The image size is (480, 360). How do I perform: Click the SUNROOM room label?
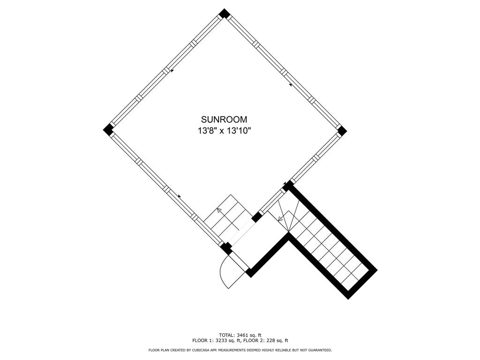tap(224, 120)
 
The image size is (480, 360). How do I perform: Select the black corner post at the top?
tap(225, 13)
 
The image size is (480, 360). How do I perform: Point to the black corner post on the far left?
tap(108, 129)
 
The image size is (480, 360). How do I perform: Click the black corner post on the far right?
tap(341, 130)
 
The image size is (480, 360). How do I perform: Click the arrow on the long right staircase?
tap(280, 218)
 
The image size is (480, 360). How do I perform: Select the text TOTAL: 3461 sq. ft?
tap(240, 335)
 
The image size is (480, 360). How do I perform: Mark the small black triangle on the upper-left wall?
tap(172, 71)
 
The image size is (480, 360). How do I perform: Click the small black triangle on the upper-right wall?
tap(291, 85)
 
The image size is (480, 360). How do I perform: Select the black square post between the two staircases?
tap(256, 217)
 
